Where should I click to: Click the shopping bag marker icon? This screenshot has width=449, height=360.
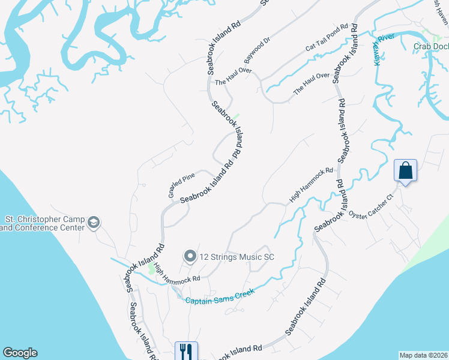(x=406, y=170)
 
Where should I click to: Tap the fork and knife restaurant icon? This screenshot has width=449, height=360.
(x=186, y=350)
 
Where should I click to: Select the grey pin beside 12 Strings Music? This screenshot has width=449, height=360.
(x=190, y=257)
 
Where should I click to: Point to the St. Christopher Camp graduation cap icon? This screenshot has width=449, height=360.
(x=94, y=223)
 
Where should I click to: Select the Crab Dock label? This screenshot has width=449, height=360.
(x=430, y=46)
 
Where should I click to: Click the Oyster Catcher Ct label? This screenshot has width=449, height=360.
(x=374, y=205)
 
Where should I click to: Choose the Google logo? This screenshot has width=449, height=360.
(x=20, y=353)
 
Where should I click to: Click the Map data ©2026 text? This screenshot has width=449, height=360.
(x=424, y=355)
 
